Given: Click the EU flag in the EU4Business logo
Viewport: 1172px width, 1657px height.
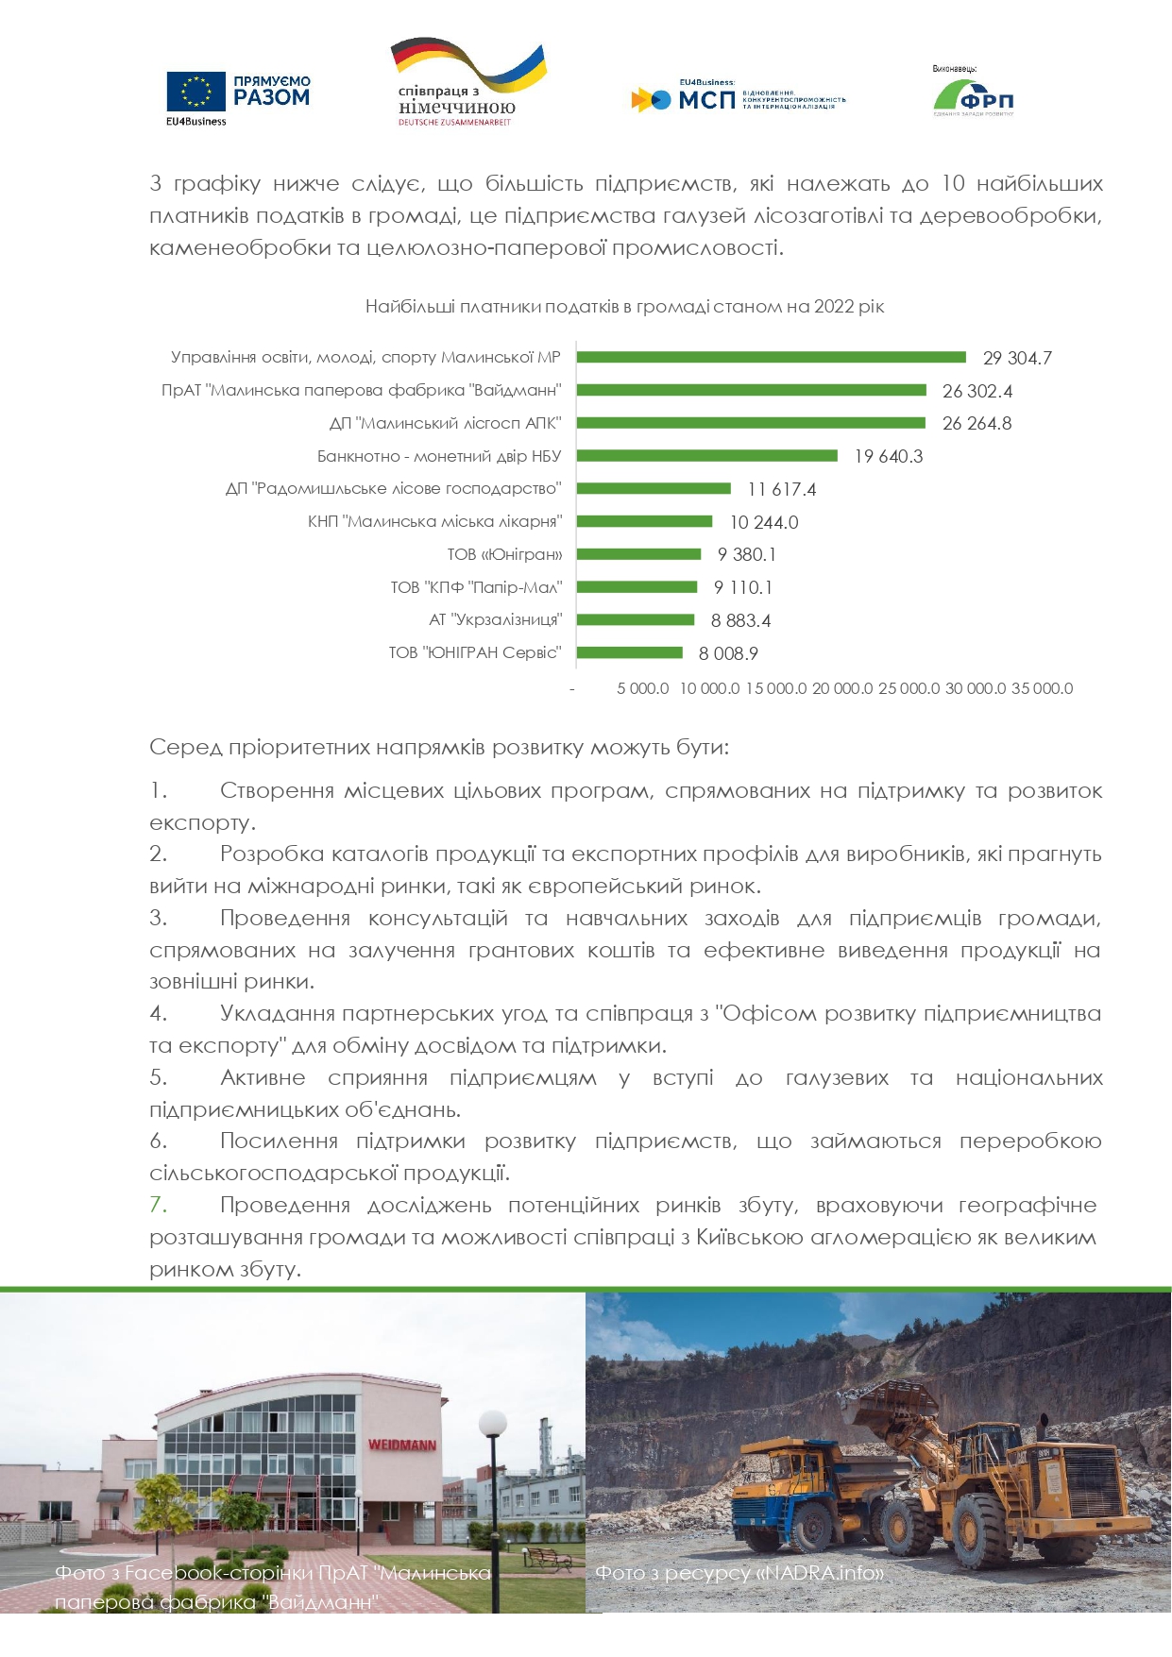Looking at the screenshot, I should (x=196, y=92).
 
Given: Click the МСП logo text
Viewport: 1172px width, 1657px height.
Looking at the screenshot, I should (x=706, y=99).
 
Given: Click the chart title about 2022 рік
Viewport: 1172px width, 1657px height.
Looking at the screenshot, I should (x=624, y=307).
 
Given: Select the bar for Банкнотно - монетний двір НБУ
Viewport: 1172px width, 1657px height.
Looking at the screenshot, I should (x=706, y=456).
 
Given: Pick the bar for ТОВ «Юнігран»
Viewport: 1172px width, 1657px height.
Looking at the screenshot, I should (x=638, y=554).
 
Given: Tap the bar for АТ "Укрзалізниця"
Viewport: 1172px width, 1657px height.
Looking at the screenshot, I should (x=635, y=620).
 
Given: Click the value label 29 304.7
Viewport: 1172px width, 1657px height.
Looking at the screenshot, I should (x=1017, y=358).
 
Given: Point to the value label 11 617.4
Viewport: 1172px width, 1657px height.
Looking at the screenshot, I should (x=781, y=489).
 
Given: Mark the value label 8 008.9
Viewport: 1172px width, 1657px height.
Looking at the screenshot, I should (x=728, y=653).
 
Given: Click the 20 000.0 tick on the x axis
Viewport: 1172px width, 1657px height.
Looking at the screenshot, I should (x=841, y=688).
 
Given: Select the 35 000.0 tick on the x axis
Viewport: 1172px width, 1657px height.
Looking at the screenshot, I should (x=1042, y=688).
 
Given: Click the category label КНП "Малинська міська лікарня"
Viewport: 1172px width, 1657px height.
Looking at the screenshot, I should (x=434, y=521).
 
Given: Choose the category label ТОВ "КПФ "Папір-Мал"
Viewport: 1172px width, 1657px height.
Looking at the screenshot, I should (x=476, y=587).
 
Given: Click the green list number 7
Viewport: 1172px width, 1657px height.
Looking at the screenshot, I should (x=158, y=1205).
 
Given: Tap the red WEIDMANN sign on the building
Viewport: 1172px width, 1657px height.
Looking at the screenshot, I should (x=402, y=1445).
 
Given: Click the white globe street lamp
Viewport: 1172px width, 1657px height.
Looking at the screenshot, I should (x=493, y=1424).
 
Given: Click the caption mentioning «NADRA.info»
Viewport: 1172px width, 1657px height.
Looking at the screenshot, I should (x=740, y=1573).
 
